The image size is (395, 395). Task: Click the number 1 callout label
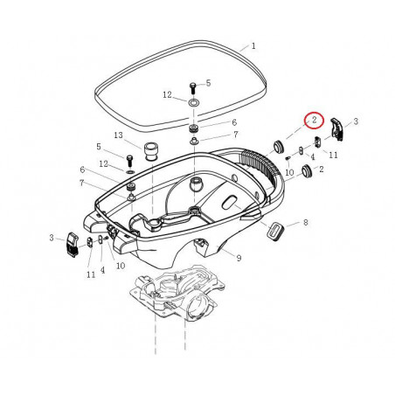tap(253, 45)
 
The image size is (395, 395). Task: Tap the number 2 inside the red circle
tap(313, 121)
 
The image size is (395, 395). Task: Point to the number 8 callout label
tap(304, 224)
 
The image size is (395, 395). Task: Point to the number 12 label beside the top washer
tap(167, 94)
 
